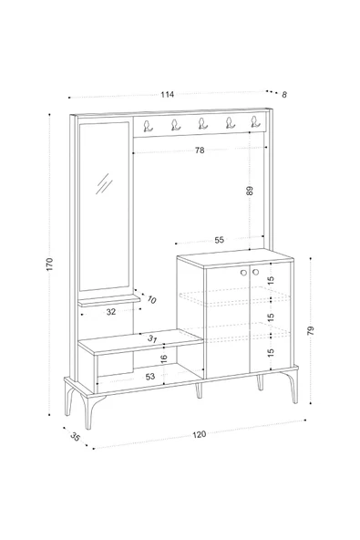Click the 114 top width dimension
[168, 94]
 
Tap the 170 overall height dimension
[49, 265]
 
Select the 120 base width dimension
[200, 434]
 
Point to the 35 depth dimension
[75, 437]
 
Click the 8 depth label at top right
[284, 94]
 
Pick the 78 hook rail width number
[200, 151]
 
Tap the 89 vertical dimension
[250, 191]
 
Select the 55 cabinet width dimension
[220, 240]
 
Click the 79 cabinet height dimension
[311, 330]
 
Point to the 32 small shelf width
[111, 312]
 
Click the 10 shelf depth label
[151, 299]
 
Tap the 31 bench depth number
[152, 339]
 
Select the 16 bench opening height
[164, 358]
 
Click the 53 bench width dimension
[150, 377]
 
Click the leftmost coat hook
[148, 126]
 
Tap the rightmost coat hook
[254, 121]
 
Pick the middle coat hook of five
[202, 123]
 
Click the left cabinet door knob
[243, 273]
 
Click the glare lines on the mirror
[104, 183]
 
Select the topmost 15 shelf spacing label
[271, 281]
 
